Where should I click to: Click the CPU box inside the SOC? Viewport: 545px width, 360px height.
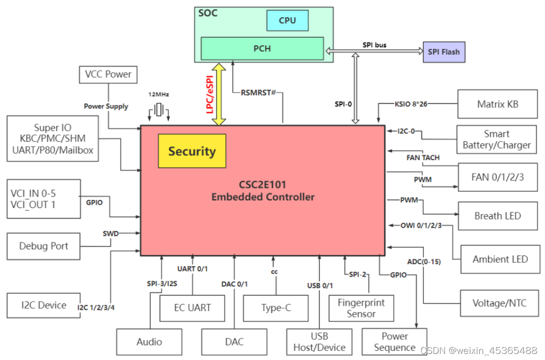click(287, 21)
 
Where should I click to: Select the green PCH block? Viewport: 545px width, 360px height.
click(262, 48)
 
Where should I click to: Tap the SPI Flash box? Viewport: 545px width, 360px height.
click(444, 52)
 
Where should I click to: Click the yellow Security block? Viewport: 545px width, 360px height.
click(192, 151)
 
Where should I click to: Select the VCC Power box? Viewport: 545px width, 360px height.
click(108, 74)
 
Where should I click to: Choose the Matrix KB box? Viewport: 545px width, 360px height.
click(497, 105)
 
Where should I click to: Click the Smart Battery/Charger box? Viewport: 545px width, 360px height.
click(497, 140)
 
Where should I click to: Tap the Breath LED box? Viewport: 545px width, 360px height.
click(497, 216)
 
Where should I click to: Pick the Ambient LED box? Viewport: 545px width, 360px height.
click(500, 260)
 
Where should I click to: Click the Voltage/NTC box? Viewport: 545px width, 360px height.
click(499, 303)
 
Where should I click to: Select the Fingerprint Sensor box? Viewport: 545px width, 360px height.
click(361, 308)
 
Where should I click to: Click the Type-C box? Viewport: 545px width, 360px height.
click(276, 308)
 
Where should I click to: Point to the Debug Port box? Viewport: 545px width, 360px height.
click(43, 246)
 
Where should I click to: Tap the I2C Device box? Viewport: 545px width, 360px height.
click(43, 305)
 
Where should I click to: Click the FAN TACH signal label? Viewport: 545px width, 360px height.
click(423, 158)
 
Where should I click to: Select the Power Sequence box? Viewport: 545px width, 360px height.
click(395, 342)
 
